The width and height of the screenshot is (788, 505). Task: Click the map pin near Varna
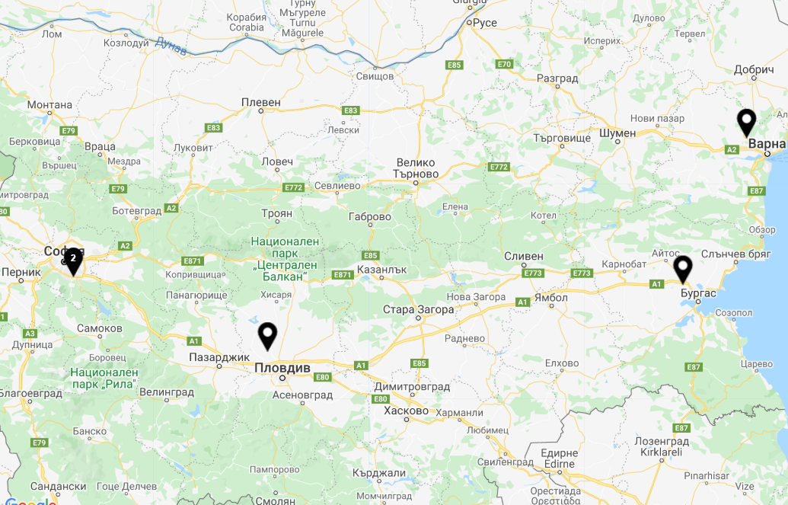click(747, 122)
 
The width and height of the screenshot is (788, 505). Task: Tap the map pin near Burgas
click(683, 269)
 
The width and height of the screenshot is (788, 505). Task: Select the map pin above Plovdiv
click(267, 335)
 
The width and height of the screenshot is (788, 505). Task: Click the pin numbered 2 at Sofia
click(72, 260)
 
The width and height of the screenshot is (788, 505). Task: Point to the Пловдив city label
click(282, 368)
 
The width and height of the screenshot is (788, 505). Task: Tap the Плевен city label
click(261, 102)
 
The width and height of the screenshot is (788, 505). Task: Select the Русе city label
click(484, 23)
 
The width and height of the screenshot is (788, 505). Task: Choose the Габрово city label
click(369, 217)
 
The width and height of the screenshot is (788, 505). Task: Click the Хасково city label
click(407, 411)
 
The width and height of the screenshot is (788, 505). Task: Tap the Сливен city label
click(524, 256)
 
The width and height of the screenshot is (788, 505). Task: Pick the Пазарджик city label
click(219, 356)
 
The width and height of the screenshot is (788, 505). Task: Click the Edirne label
click(560, 464)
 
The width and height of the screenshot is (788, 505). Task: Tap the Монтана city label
click(49, 105)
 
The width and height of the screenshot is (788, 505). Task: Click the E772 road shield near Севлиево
click(293, 187)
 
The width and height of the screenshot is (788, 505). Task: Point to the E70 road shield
click(504, 64)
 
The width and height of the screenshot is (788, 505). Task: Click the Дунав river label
click(170, 46)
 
